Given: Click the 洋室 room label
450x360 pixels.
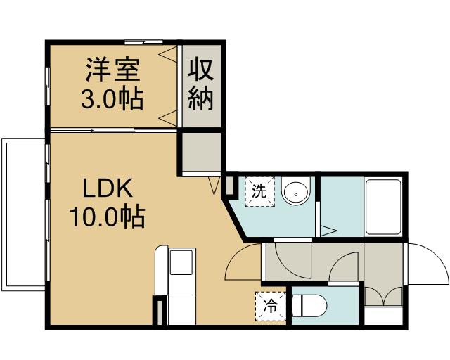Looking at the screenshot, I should coord(112,70).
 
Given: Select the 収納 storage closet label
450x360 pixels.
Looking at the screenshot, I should coord(200,85).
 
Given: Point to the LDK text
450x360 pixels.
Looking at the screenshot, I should coord(107,188).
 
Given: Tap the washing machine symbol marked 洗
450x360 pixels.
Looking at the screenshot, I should coord(259,191).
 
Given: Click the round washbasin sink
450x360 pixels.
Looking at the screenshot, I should coord(296,191).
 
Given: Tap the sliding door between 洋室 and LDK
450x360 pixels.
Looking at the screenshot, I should coord(112,130).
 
